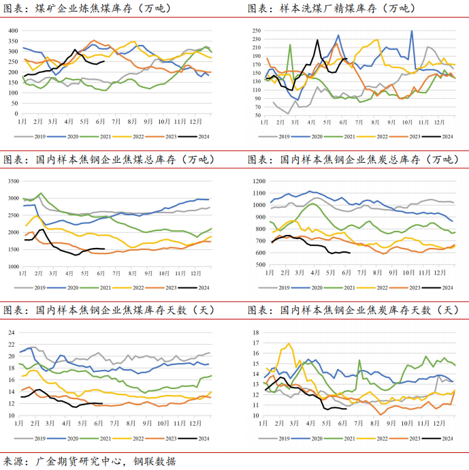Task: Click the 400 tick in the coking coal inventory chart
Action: click(13, 31)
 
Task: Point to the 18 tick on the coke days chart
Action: click(257, 332)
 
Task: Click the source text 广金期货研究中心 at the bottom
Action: click(80, 461)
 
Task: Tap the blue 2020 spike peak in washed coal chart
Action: click(411, 31)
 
